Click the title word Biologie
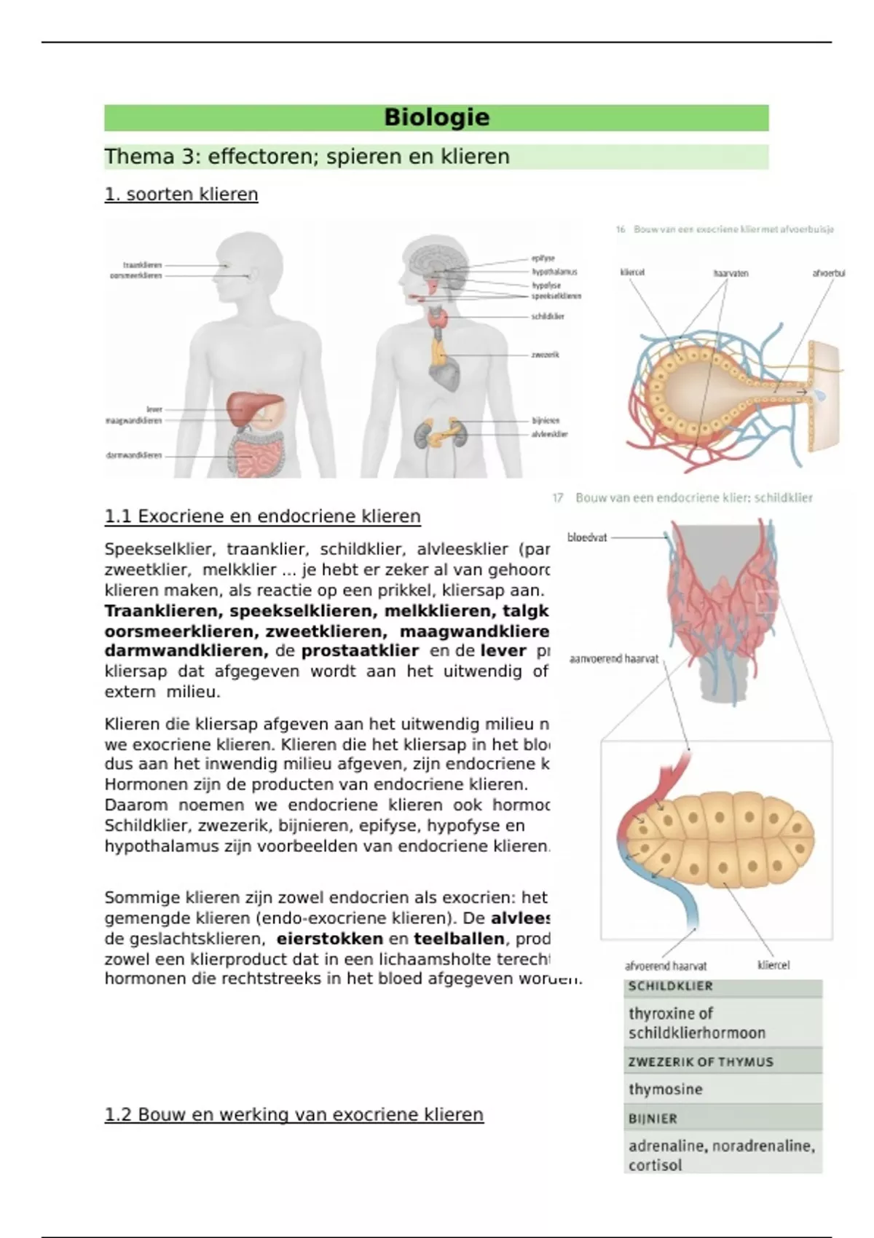coord(436,117)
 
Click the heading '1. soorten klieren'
coord(181,194)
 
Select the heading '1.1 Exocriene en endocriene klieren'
coord(262,516)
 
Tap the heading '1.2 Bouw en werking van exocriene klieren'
coord(294,1114)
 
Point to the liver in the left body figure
coord(251,408)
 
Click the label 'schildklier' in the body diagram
coord(548,317)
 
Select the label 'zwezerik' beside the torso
coord(546,355)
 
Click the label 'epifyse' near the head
coord(543,258)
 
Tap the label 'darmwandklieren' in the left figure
coord(134,456)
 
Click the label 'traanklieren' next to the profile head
coord(143,265)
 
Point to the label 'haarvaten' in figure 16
coord(731,274)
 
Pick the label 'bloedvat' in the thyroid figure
coord(587,537)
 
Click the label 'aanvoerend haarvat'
coord(613,659)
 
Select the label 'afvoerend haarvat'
coord(666,966)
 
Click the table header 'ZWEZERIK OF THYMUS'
coord(701,1062)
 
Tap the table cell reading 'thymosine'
coord(666,1089)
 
